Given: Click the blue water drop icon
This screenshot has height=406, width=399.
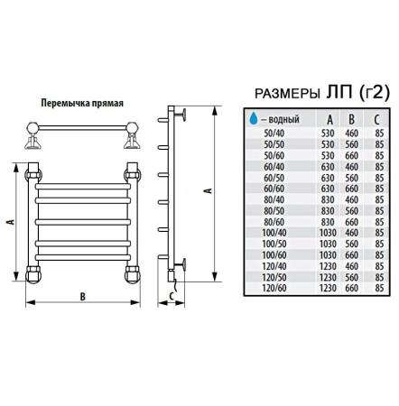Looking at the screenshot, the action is click(254, 118).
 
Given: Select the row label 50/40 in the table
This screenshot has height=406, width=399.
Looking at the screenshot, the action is click(274, 134).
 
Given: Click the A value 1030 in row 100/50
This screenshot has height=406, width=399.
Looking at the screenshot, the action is click(328, 244).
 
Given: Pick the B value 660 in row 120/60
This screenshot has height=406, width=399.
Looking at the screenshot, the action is click(351, 288).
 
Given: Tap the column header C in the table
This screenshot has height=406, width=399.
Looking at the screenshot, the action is click(376, 120).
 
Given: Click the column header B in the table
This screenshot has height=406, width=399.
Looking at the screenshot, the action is click(351, 119).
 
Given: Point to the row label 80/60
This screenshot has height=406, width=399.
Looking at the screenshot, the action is click(274, 222).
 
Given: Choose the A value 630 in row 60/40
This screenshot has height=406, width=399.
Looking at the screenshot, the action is click(328, 167).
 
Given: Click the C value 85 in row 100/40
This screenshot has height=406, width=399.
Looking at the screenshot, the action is click(379, 233).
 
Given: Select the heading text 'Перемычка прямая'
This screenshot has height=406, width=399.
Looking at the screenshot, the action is click(82, 103).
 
